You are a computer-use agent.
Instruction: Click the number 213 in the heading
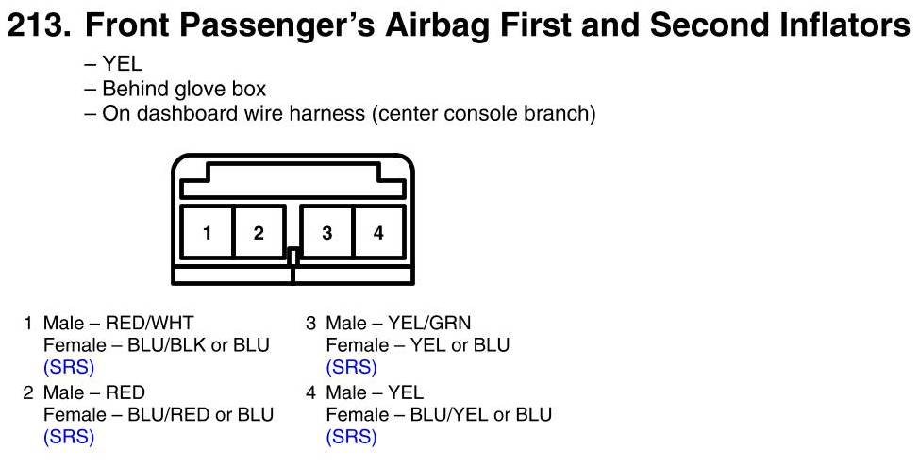pyautogui.click(x=41, y=25)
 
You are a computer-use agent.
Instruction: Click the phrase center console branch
pyautogui.click(x=483, y=113)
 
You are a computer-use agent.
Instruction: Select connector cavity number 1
pyautogui.click(x=207, y=232)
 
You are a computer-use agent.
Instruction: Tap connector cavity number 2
pyautogui.click(x=259, y=232)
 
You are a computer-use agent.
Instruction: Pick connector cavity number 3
pyautogui.click(x=327, y=232)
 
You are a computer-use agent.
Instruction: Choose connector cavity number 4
pyautogui.click(x=378, y=232)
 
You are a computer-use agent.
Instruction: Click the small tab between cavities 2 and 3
pyautogui.click(x=293, y=257)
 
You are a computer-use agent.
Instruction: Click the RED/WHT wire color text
pyautogui.click(x=149, y=323)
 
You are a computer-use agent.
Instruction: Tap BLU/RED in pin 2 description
pyautogui.click(x=169, y=415)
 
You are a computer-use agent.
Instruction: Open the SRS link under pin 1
pyautogui.click(x=69, y=367)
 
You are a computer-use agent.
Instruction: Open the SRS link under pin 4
pyautogui.click(x=351, y=437)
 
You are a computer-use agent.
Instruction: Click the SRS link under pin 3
pyautogui.click(x=351, y=367)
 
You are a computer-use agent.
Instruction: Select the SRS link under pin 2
pyautogui.click(x=69, y=437)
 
